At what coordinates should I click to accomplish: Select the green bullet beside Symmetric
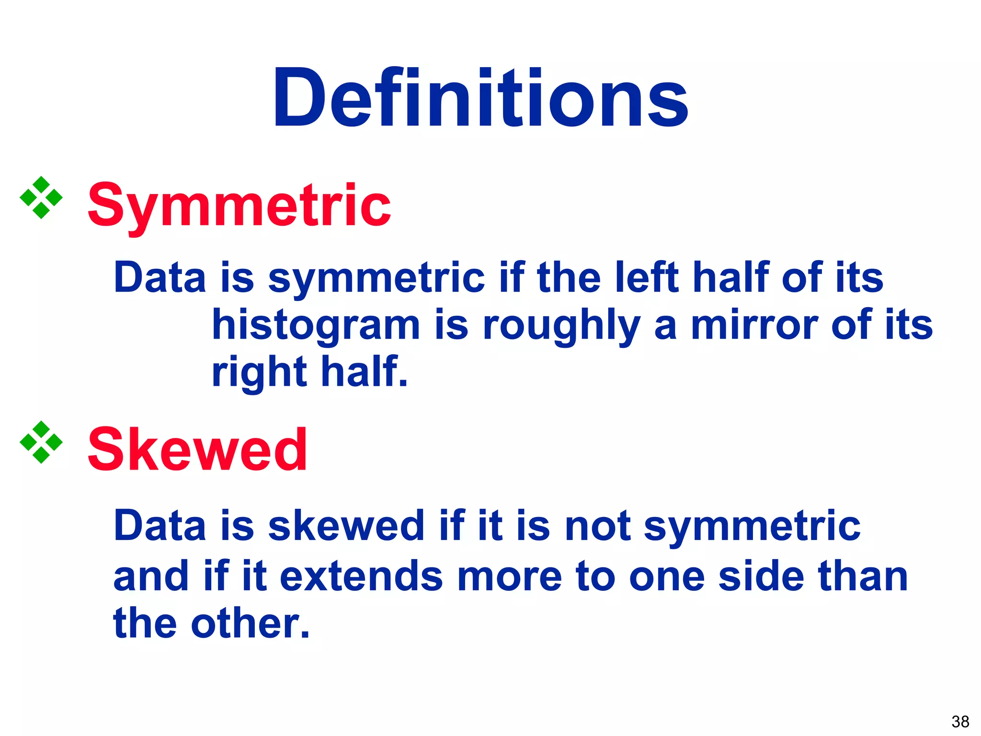pyautogui.click(x=41, y=197)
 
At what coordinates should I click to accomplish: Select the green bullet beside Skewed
pyautogui.click(x=41, y=442)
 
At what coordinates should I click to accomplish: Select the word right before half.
pyautogui.click(x=259, y=373)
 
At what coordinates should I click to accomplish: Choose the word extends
pyautogui.click(x=361, y=576)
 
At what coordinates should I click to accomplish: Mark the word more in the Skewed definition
pyautogui.click(x=509, y=577)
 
